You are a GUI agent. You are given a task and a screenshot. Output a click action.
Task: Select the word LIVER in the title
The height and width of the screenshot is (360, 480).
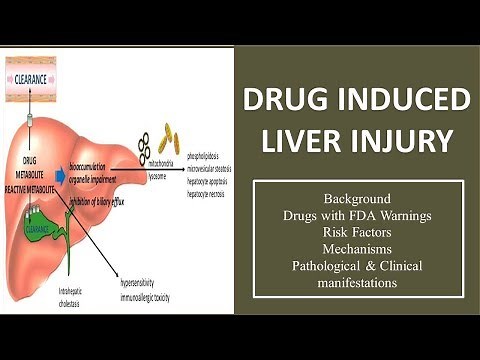pos(306,141)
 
